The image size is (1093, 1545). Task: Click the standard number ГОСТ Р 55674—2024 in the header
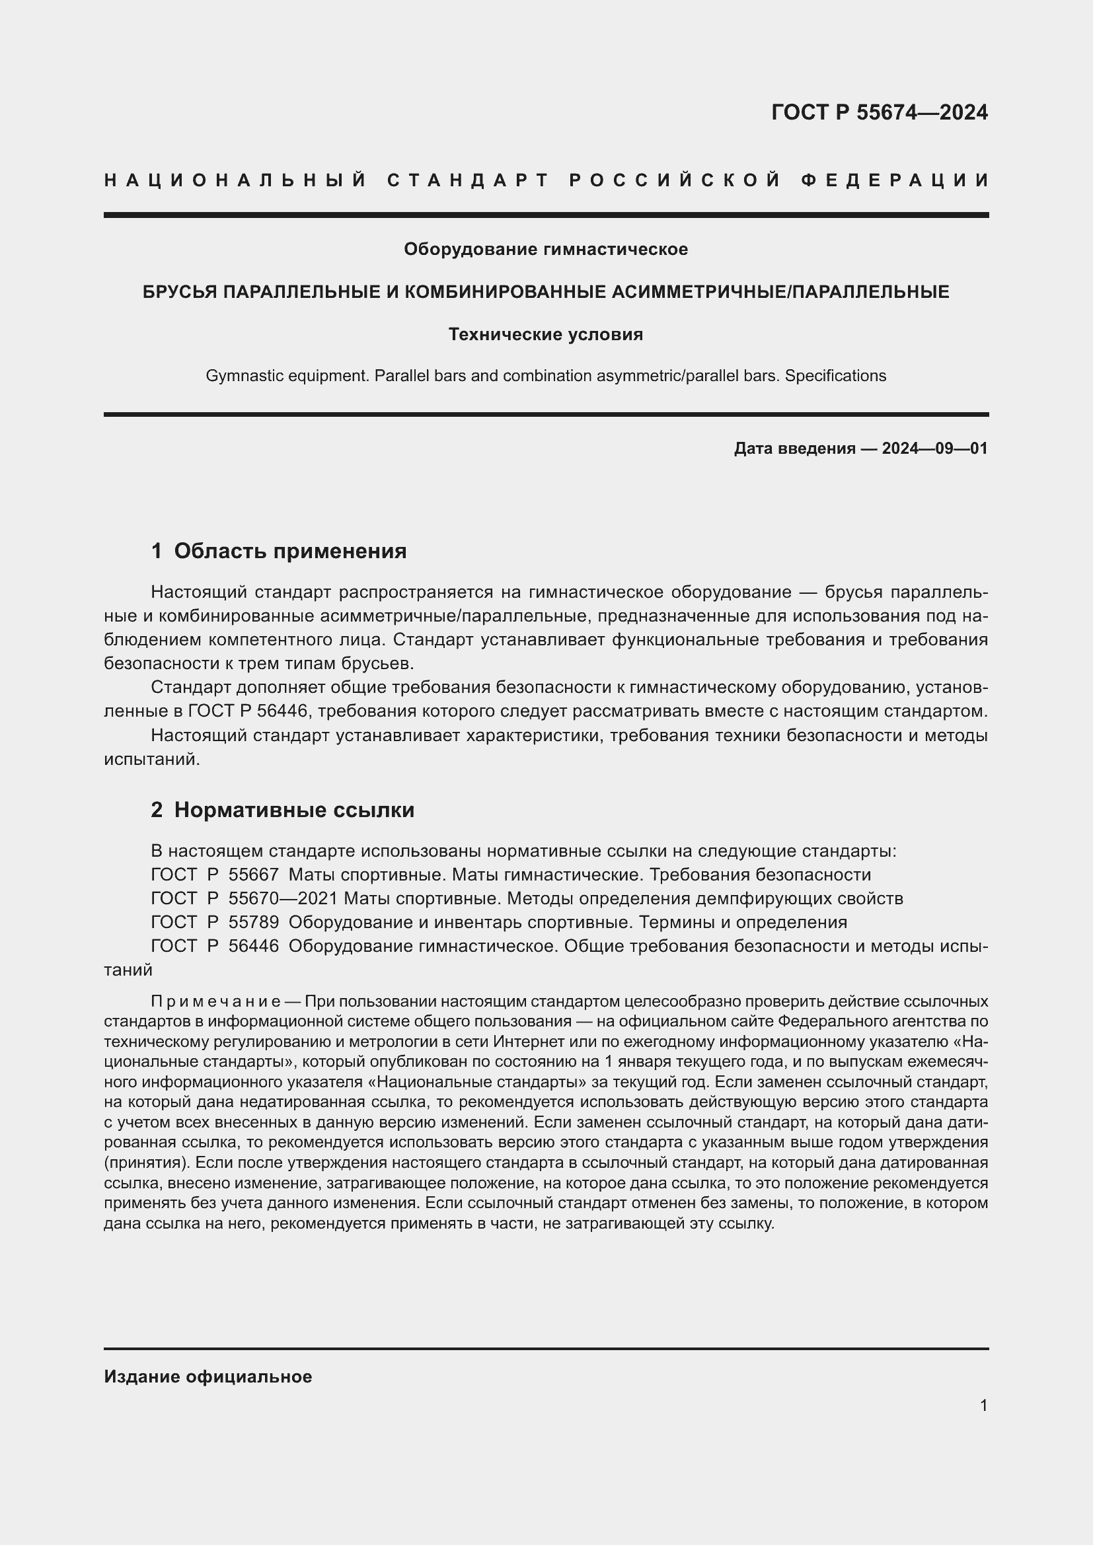pos(879,112)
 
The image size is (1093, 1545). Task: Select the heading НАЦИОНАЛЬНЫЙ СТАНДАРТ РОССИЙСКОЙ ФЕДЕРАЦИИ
pos(546,180)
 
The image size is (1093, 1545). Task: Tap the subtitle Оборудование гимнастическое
pos(546,250)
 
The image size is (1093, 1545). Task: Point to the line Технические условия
pos(546,334)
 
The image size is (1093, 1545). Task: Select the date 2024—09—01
pos(935,449)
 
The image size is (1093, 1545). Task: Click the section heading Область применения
pos(290,552)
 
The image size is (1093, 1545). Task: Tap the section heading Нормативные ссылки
pos(294,810)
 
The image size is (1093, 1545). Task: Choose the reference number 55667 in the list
pos(254,875)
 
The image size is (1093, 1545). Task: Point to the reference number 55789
pos(254,923)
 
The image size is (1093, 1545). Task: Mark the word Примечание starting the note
pos(216,1002)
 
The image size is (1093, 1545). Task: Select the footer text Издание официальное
pos(208,1377)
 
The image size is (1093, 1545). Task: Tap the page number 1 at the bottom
pos(983,1406)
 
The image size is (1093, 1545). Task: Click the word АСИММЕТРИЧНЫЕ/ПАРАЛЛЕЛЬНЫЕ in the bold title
pos(780,292)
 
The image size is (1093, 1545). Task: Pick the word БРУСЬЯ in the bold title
pos(178,292)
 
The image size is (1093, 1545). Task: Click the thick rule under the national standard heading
pos(546,215)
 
